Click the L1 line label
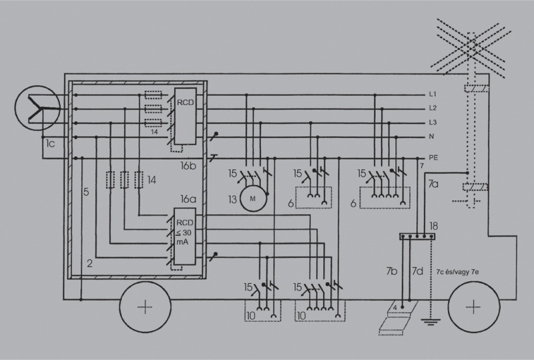click(433, 94)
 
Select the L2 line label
click(433, 108)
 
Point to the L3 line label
click(433, 122)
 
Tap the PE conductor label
click(433, 158)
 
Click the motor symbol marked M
click(253, 198)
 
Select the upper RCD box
click(186, 116)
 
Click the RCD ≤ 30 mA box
click(185, 236)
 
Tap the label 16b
click(188, 166)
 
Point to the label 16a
click(188, 199)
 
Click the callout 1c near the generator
click(50, 144)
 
